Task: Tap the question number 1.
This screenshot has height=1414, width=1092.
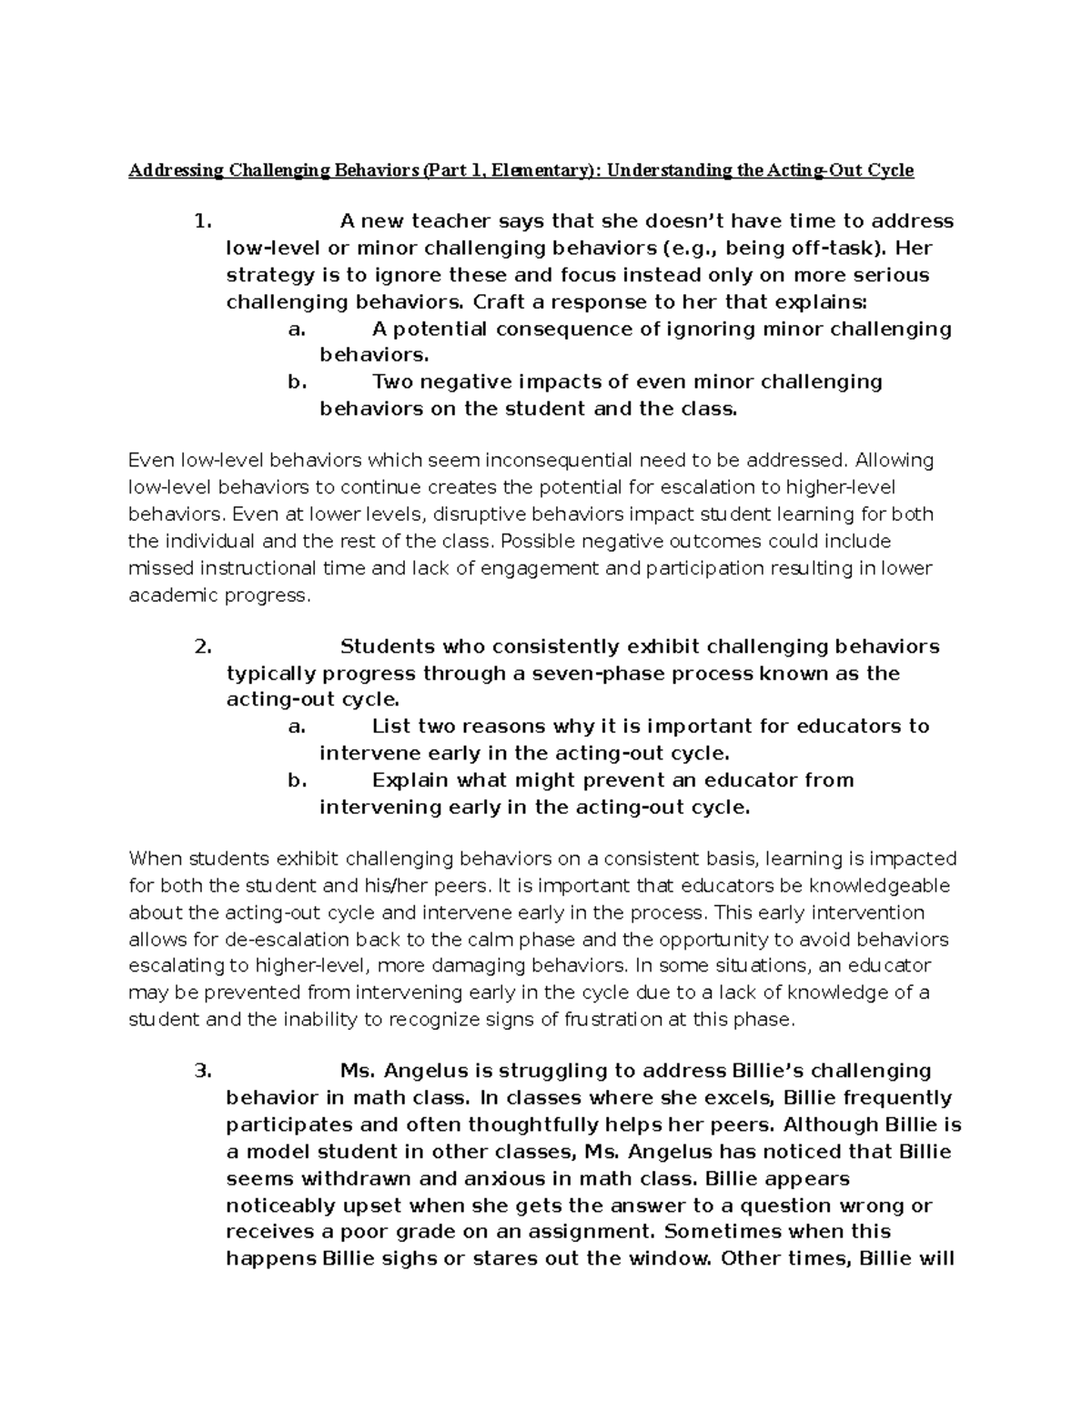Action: click(203, 221)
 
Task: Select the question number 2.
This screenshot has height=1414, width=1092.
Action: click(203, 647)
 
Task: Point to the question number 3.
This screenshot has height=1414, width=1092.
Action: click(203, 1071)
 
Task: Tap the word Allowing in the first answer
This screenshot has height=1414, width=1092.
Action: click(895, 461)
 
